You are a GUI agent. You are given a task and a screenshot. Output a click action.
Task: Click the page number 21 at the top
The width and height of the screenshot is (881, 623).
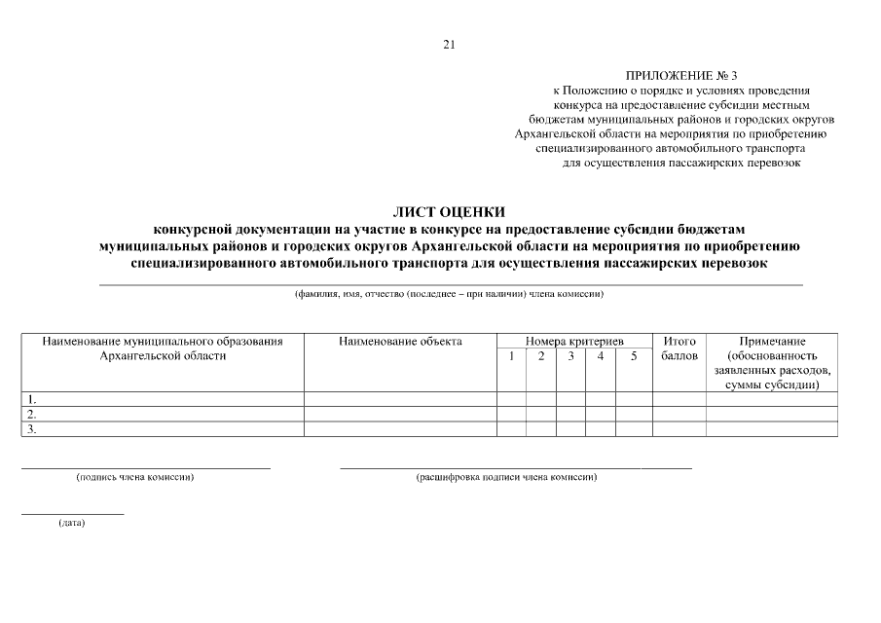click(x=449, y=44)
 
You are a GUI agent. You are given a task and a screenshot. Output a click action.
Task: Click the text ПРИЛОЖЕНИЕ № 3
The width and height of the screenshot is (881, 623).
click(x=681, y=75)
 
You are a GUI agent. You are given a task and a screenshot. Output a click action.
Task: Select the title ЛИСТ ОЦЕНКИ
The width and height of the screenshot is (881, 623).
click(x=449, y=210)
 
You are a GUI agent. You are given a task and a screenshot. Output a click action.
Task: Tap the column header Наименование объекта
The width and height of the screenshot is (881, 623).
click(x=401, y=342)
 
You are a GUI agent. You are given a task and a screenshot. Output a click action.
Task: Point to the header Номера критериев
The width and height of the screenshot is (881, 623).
click(x=574, y=342)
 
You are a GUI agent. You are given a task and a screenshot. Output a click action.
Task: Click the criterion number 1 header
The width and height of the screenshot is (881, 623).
click(x=511, y=356)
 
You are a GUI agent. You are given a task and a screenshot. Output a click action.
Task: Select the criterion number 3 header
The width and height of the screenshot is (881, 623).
click(x=571, y=356)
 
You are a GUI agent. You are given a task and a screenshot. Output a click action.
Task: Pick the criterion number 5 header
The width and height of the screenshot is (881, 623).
click(x=634, y=356)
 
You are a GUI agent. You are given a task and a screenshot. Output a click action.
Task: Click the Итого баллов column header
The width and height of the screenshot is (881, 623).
click(x=679, y=348)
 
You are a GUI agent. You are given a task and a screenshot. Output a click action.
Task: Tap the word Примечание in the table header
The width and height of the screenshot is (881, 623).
click(x=772, y=342)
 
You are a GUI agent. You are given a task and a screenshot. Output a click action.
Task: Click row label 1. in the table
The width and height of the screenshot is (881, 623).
click(x=32, y=399)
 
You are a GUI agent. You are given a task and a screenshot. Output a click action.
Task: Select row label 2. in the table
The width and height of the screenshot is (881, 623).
click(x=32, y=414)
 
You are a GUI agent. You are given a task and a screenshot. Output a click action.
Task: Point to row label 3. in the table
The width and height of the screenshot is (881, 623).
click(x=32, y=429)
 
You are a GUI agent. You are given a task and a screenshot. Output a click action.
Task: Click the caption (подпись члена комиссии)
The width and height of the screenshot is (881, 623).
click(x=135, y=478)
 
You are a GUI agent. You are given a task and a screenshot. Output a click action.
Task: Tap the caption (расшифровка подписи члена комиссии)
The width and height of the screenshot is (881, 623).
click(x=506, y=478)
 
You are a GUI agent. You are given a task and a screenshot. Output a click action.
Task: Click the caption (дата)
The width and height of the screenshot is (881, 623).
click(x=72, y=524)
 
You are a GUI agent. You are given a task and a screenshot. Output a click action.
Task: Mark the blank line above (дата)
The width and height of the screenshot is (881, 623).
click(x=72, y=513)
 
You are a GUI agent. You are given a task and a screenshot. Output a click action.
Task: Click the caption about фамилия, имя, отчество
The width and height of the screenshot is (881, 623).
click(x=450, y=294)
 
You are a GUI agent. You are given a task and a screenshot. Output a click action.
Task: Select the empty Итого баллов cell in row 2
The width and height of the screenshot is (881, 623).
click(x=679, y=414)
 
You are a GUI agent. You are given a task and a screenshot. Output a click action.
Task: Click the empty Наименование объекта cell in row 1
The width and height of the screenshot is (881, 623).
click(x=401, y=399)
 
